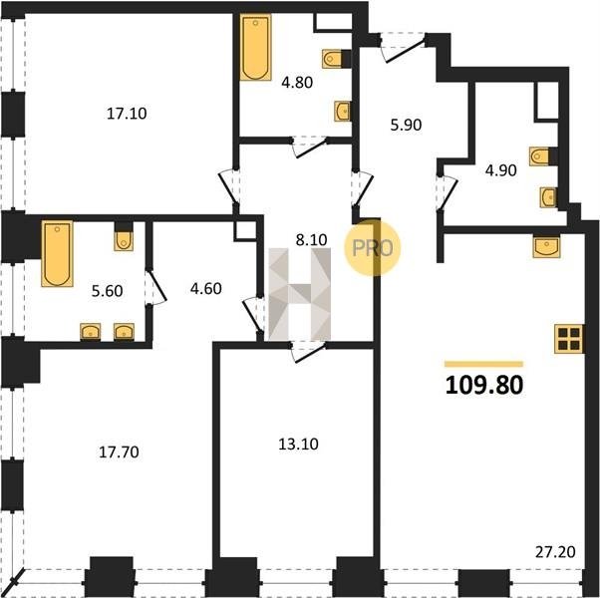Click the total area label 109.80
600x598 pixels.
click(484, 385)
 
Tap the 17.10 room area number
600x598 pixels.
click(127, 114)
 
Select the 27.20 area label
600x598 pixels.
click(555, 552)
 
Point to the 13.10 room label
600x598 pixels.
click(298, 445)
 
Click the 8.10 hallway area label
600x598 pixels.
click(312, 240)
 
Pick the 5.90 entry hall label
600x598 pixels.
click(406, 125)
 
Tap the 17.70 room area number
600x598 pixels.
click(119, 452)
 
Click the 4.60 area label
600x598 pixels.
click(206, 288)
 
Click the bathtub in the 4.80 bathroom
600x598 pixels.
click(255, 47)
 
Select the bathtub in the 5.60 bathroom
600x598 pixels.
click(57, 253)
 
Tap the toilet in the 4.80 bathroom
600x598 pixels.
click(336, 59)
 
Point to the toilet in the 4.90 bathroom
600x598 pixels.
click(543, 156)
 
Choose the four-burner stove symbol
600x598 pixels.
click(569, 339)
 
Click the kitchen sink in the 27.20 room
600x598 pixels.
click(547, 246)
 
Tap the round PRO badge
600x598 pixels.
click(373, 247)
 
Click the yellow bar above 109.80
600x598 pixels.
click(483, 364)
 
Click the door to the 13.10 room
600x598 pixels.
click(308, 352)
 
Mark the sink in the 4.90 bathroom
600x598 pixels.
click(548, 197)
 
